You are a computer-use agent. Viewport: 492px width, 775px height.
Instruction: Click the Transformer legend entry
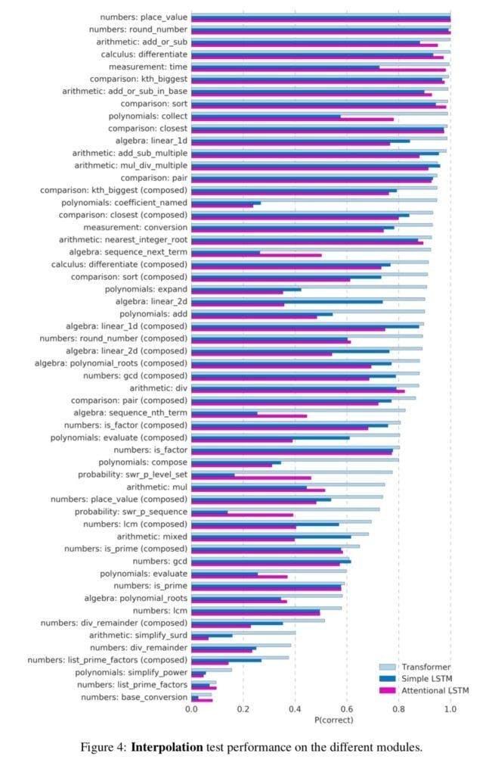(425, 667)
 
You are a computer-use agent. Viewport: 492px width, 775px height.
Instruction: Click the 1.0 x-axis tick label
(450, 708)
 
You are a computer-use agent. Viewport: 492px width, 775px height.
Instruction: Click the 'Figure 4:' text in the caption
(104, 748)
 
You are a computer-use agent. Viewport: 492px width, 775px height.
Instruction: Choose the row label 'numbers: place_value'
(143, 17)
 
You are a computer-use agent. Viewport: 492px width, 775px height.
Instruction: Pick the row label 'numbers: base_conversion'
(134, 697)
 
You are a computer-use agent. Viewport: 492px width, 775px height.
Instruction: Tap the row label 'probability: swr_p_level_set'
(132, 475)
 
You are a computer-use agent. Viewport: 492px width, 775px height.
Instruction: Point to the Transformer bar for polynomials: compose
(295, 459)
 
